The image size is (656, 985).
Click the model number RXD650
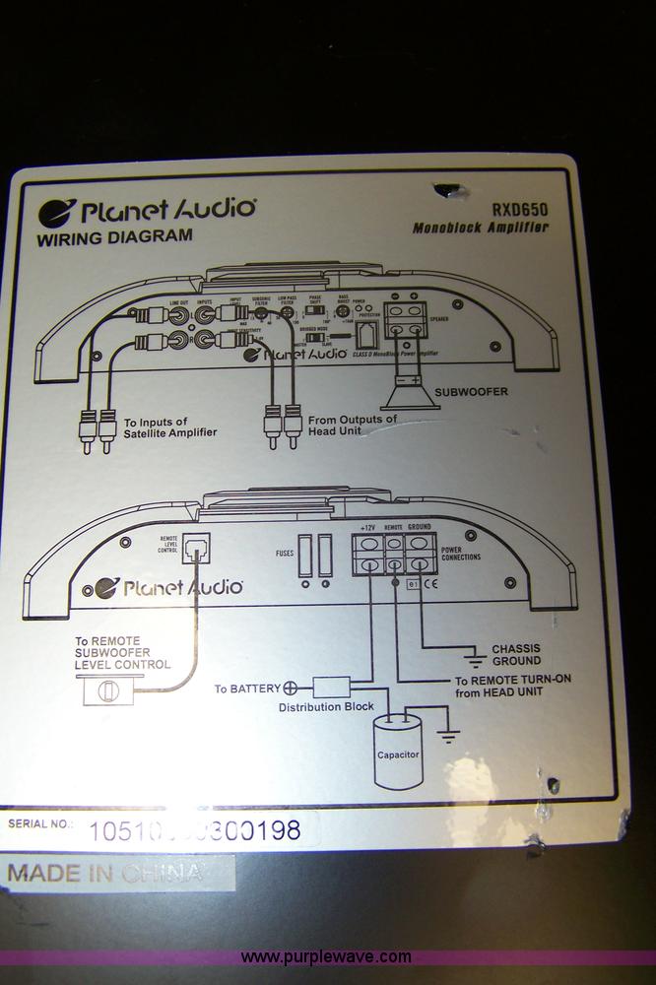pyautogui.click(x=520, y=209)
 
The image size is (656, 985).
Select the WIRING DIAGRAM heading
pyautogui.click(x=114, y=236)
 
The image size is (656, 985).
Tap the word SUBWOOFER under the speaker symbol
pyautogui.click(x=471, y=391)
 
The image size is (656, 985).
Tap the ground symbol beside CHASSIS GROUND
pyautogui.click(x=476, y=654)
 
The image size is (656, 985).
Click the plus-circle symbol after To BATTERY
pyautogui.click(x=290, y=688)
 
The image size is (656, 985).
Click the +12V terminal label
pyautogui.click(x=368, y=527)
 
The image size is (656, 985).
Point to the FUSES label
pyautogui.click(x=284, y=554)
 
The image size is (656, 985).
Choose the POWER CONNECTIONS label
pyautogui.click(x=461, y=553)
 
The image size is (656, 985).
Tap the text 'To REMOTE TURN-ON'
pyautogui.click(x=512, y=680)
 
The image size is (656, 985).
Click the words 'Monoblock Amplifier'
pyautogui.click(x=481, y=228)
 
